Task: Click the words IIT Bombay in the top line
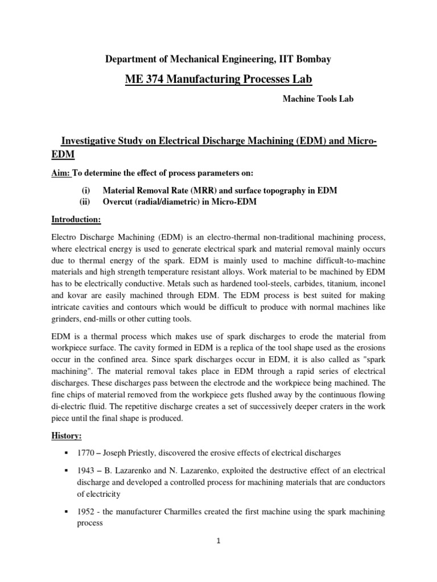[304, 58]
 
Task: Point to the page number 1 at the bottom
[218, 542]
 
